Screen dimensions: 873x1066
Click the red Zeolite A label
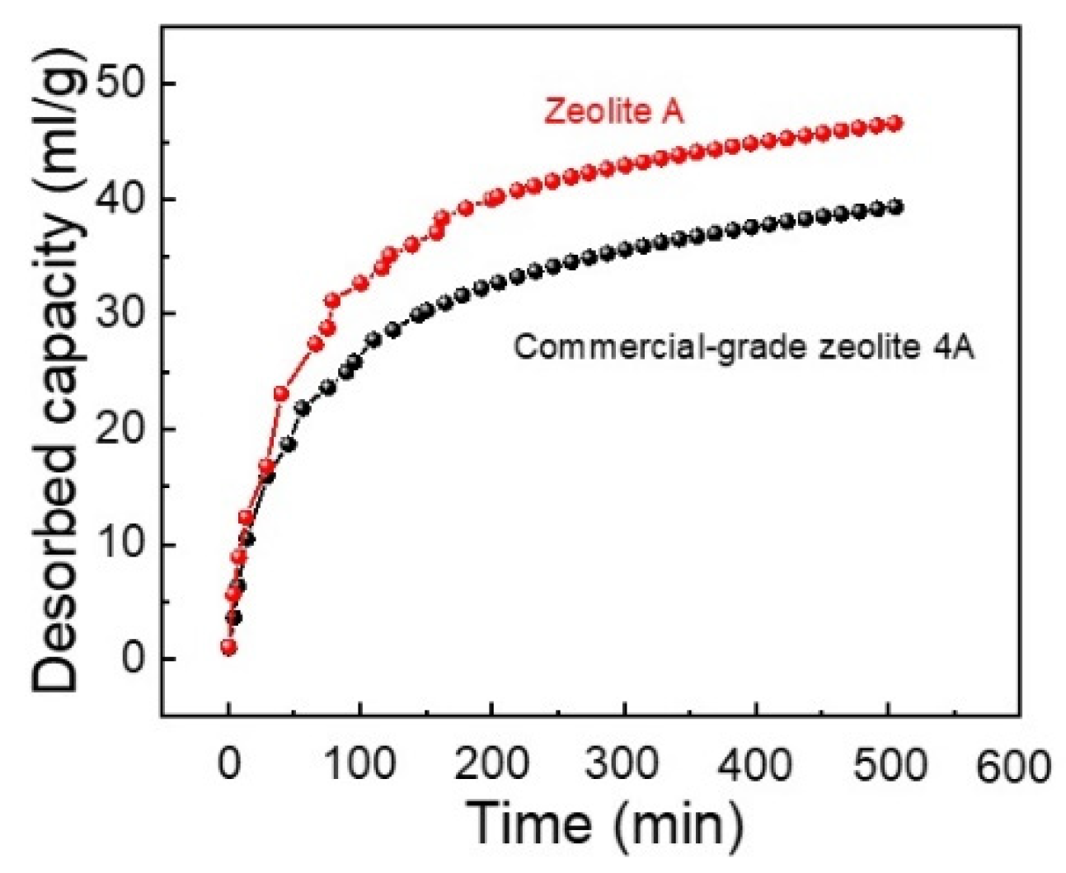point(613,110)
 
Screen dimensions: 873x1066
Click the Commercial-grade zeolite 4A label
point(744,347)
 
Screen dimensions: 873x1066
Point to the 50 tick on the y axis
point(124,85)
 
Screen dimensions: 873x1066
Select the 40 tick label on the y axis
point(124,199)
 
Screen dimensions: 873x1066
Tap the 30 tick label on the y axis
point(124,314)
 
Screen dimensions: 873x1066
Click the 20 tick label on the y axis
point(124,429)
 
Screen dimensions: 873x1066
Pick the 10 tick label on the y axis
point(124,545)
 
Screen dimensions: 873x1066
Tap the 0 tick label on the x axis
point(228,764)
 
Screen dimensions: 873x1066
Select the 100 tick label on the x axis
point(359,764)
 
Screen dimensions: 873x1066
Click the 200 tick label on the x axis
point(491,764)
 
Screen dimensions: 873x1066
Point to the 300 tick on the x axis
point(623,764)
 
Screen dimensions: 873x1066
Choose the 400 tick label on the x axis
point(755,764)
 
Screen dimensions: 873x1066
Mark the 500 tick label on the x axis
point(887,764)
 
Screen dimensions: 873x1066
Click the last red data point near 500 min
point(895,124)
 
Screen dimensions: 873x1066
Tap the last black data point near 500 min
point(895,208)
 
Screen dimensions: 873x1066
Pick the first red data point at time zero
point(228,647)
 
